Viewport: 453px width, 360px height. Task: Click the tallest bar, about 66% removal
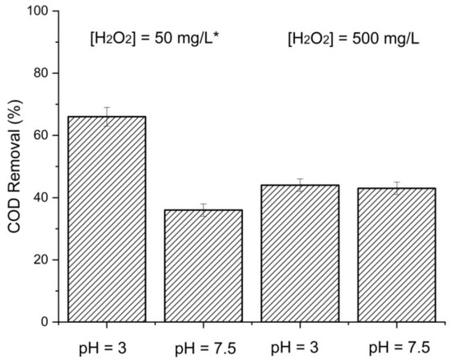tap(107, 218)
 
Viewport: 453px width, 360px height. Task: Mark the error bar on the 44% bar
tap(299, 185)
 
